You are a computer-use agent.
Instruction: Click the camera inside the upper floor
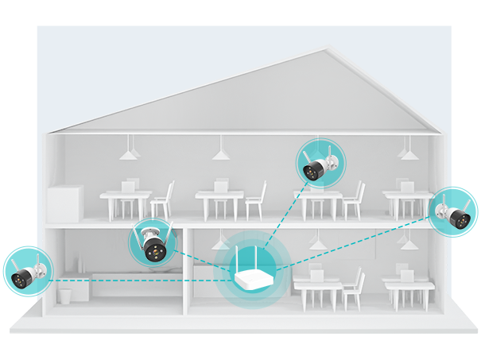[319, 166]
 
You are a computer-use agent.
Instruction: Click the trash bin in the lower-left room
[65, 295]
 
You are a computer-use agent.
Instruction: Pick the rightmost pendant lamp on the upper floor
[406, 150]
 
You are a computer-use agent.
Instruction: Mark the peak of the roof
[326, 51]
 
